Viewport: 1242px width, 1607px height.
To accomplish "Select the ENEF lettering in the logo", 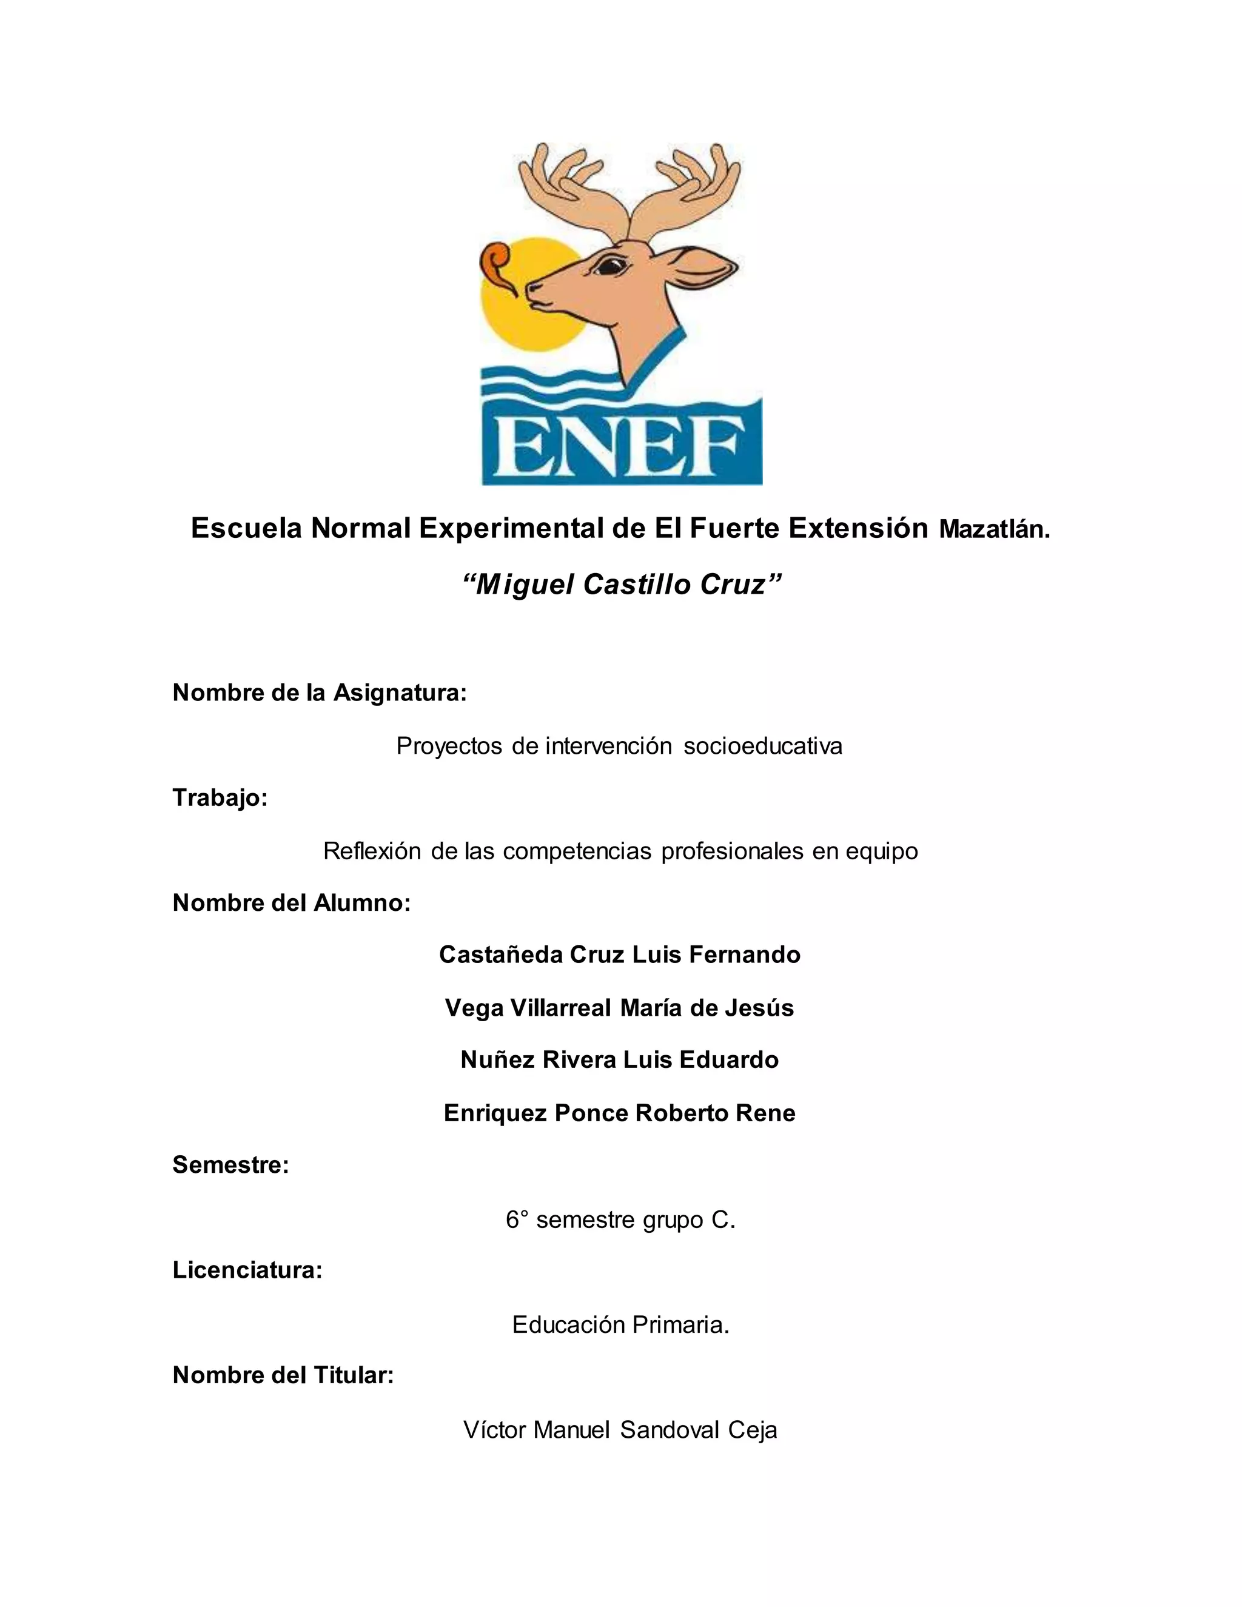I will [x=622, y=447].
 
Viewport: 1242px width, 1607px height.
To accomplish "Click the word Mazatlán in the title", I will [x=994, y=530].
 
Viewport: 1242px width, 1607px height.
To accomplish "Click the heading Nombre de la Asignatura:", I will [x=320, y=693].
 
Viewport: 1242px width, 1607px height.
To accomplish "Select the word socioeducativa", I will [x=763, y=746].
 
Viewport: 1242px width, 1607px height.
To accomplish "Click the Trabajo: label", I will [x=220, y=797].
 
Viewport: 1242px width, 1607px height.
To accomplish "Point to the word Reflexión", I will [x=372, y=851].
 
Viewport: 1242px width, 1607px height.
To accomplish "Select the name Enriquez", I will [x=495, y=1113].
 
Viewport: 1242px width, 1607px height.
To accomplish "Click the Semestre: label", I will [x=230, y=1166].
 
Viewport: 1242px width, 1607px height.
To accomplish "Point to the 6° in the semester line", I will [x=517, y=1220].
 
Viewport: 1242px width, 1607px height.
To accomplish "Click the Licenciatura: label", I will [x=247, y=1270].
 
